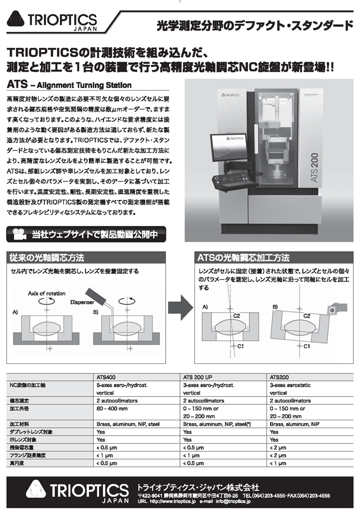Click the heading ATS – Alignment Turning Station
coord(69,85)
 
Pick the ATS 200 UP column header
coord(201,376)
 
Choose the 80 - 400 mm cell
coord(113,408)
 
